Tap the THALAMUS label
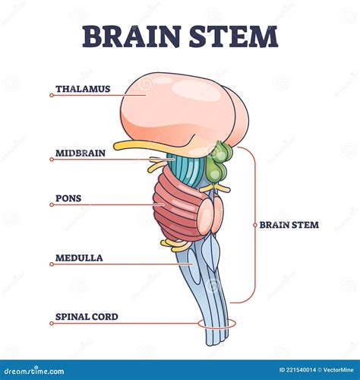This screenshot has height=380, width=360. (83, 89)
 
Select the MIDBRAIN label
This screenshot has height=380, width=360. (81, 153)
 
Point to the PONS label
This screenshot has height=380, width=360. (68, 198)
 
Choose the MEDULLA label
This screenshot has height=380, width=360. (79, 258)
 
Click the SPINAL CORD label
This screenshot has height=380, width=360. (87, 316)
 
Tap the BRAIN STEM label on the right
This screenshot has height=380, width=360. (289, 225)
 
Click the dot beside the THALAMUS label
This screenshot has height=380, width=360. (51, 95)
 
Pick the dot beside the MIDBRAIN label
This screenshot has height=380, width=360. (51, 159)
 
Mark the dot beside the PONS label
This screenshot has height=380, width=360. (51, 204)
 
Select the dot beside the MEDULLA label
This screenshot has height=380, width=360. (51, 264)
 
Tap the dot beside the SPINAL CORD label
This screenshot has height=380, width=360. (51, 323)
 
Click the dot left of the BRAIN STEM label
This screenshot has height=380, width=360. (254, 225)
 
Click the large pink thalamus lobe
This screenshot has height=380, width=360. (178, 110)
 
